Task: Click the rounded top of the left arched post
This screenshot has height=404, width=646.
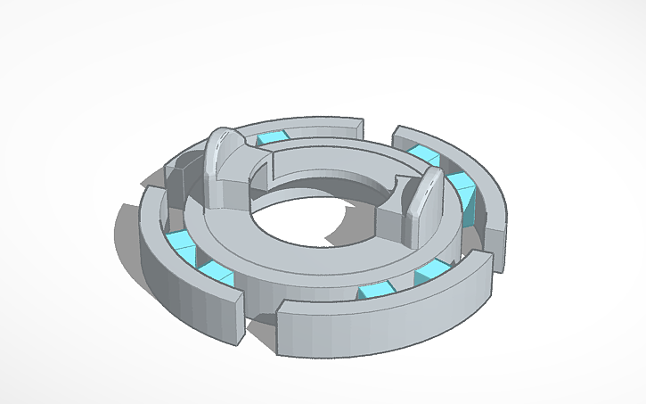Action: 223,138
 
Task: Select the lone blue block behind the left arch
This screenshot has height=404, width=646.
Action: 272,137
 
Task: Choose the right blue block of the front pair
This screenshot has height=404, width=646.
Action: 431,271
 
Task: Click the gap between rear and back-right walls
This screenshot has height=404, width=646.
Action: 378,134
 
